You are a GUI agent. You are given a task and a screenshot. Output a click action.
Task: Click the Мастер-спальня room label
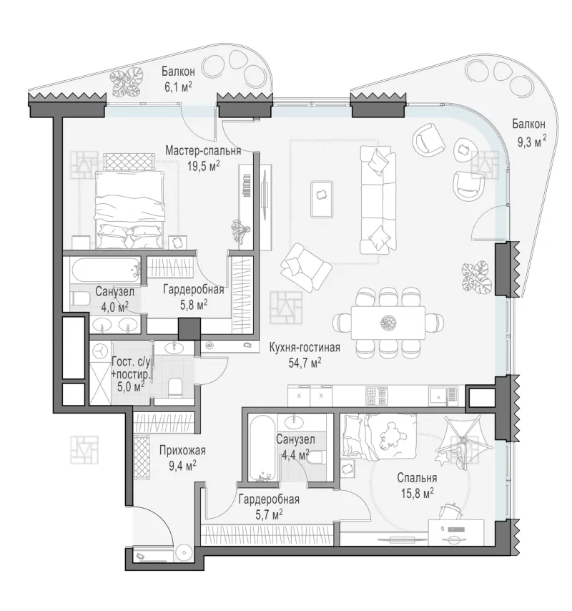[203, 150]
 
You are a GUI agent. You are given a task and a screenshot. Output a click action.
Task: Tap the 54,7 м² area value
[305, 363]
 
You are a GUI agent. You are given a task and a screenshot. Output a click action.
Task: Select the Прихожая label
[182, 451]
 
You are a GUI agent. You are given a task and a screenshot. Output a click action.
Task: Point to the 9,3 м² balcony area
[531, 142]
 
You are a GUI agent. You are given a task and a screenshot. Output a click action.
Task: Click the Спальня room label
[417, 477]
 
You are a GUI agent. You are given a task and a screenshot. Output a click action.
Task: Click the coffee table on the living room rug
[322, 199]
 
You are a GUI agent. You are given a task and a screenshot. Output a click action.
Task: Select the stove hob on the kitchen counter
[377, 396]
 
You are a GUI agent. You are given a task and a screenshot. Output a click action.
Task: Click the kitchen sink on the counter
[443, 396]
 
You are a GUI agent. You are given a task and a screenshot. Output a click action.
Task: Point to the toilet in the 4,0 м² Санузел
[79, 299]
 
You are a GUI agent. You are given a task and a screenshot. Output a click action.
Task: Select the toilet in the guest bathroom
[174, 387]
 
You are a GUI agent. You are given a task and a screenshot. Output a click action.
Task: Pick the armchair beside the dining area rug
[306, 268]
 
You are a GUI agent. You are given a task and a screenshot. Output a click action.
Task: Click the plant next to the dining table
[475, 276]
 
